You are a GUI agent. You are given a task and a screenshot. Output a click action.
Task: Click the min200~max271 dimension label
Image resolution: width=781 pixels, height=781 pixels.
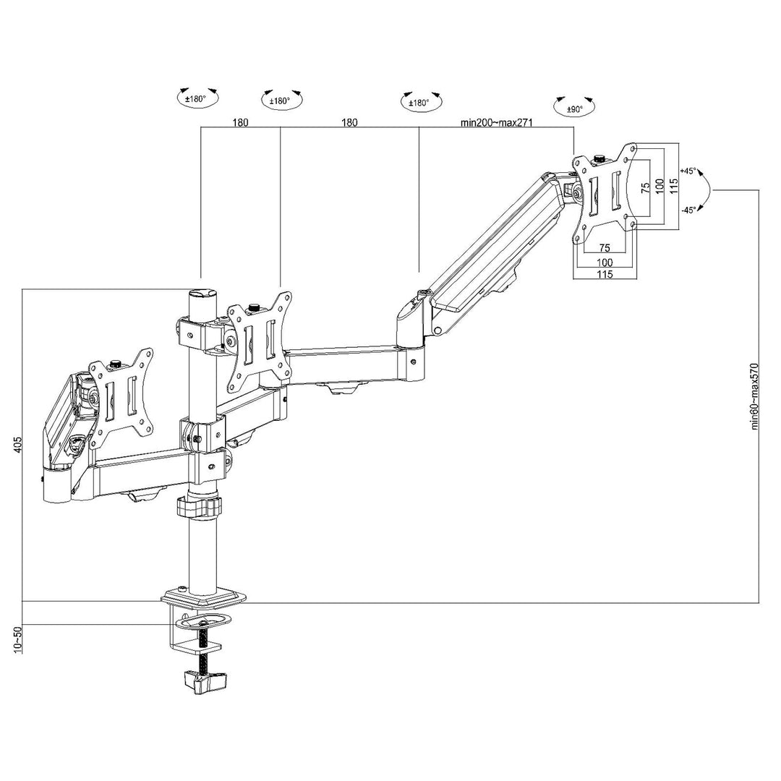click(x=496, y=123)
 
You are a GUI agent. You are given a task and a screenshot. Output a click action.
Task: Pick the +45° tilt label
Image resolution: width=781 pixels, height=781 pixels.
click(x=688, y=171)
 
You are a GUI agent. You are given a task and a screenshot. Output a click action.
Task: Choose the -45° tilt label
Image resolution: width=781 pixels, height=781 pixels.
click(x=688, y=210)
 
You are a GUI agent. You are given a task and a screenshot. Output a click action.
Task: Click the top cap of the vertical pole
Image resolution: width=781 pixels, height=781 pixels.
click(x=203, y=294)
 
